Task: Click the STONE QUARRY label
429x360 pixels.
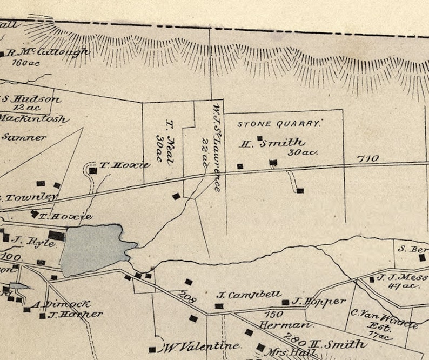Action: [x=279, y=124]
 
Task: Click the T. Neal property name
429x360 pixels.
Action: [x=164, y=135]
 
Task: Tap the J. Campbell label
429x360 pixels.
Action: [x=249, y=295]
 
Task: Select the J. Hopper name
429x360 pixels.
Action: [x=318, y=301]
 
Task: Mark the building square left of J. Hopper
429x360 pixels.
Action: [x=285, y=302]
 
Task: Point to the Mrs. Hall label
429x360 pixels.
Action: [x=283, y=352]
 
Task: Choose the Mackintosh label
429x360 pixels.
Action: [x=33, y=118]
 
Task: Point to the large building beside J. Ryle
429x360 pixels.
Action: [x=56, y=235]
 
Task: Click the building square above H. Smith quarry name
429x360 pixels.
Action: [x=259, y=138]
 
